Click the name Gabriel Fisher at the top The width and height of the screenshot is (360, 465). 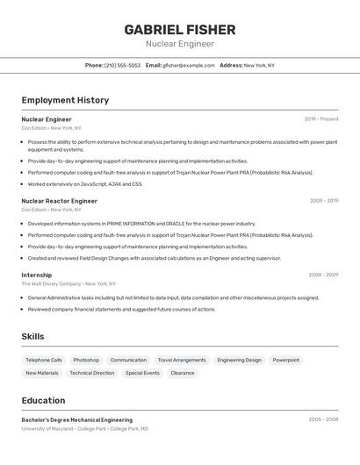click(179, 29)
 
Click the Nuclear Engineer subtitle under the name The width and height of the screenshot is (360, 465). click(179, 44)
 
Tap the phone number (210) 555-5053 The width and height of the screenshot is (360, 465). click(122, 65)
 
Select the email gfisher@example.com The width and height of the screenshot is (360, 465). click(188, 65)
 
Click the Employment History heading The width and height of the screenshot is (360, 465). click(65, 100)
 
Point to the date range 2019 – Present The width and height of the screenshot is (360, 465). click(320, 119)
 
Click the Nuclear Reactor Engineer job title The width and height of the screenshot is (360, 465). click(59, 201)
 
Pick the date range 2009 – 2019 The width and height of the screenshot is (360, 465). click(323, 201)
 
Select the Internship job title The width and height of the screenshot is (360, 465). click(38, 275)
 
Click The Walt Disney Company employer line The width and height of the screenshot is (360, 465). click(68, 284)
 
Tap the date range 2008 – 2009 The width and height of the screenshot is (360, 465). click(323, 275)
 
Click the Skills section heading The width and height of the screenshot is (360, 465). click(33, 337)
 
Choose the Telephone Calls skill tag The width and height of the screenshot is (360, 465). click(44, 360)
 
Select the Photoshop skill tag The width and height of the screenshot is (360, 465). click(86, 360)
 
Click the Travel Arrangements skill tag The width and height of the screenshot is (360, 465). click(182, 360)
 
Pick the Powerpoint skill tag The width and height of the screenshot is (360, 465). click(285, 360)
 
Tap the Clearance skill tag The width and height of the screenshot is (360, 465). click(183, 373)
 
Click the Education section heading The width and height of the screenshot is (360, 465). click(43, 400)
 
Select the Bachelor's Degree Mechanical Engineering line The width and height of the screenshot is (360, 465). click(77, 420)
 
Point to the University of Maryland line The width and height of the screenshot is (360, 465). click(84, 429)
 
